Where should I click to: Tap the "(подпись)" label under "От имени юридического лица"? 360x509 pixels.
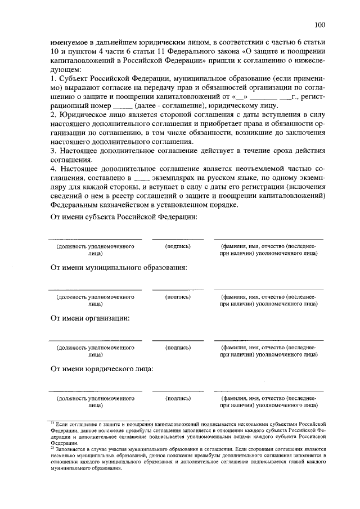pos(178,398)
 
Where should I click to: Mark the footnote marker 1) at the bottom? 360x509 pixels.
pos(52,422)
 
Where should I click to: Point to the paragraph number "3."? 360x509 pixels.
pos(54,150)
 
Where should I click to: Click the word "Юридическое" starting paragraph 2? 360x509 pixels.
pos(84,115)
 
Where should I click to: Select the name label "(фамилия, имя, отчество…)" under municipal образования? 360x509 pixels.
pos(268,300)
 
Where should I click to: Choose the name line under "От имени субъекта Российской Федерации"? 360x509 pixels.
pos(268,240)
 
